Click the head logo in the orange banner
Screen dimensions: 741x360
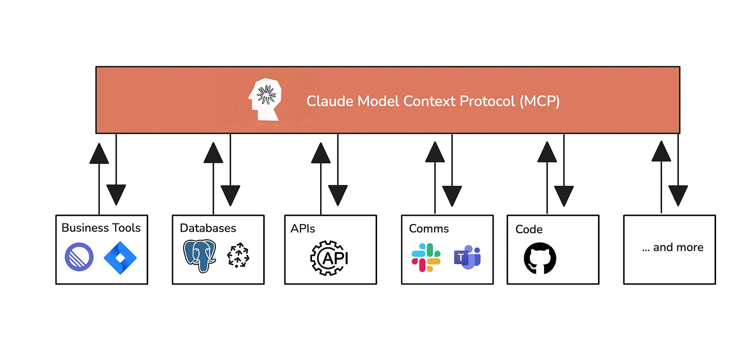(265, 99)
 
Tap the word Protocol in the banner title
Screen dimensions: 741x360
(487, 101)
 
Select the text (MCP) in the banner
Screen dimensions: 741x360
(539, 101)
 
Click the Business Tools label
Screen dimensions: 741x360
(101, 228)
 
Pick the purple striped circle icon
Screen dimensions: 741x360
(79, 257)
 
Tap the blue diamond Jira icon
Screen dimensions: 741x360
(120, 258)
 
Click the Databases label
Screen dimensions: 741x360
(208, 228)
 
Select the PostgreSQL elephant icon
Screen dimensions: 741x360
(199, 256)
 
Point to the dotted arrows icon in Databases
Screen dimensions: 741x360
(238, 255)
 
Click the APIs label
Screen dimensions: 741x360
(302, 229)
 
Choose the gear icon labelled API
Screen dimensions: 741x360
(329, 258)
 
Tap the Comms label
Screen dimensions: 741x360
(429, 229)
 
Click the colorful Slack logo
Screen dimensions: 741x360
(426, 258)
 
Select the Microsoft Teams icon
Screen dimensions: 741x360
(467, 257)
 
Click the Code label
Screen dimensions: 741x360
(529, 229)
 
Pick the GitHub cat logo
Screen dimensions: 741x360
(540, 259)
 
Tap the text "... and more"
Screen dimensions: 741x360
(672, 247)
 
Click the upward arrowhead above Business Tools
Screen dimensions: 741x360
(99, 153)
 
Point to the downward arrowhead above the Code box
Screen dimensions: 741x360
(564, 196)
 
